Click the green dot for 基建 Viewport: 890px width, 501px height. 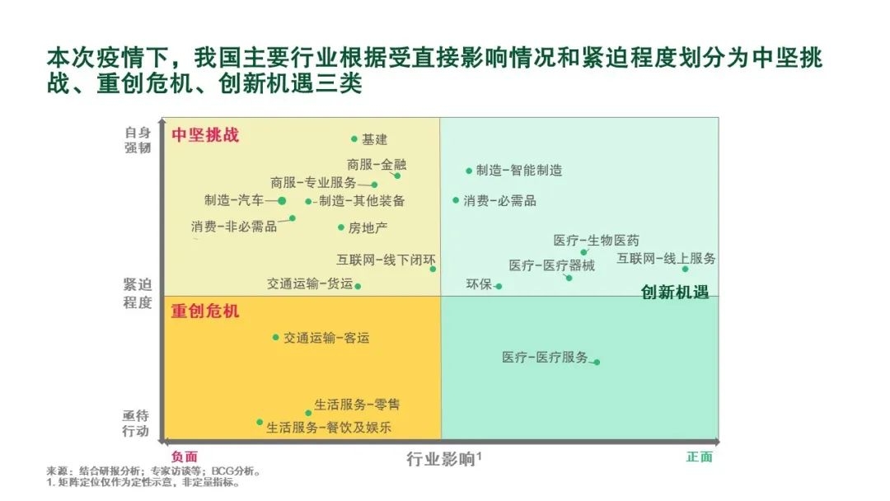click(354, 139)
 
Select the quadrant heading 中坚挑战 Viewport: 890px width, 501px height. click(205, 135)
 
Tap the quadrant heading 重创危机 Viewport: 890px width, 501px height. click(205, 311)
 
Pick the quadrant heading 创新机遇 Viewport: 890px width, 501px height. click(675, 293)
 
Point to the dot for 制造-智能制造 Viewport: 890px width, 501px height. click(469, 171)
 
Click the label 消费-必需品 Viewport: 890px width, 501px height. click(499, 201)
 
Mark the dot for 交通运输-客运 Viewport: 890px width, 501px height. click(276, 338)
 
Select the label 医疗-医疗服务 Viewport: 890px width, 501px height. click(545, 357)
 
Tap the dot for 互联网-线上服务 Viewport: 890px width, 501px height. click(685, 269)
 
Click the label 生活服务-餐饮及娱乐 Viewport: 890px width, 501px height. click(329, 427)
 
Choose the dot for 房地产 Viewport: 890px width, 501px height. click(341, 227)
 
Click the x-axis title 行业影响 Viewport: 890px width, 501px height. click(440, 459)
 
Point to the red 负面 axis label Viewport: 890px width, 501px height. click(185, 457)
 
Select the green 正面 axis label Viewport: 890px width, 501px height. click(700, 457)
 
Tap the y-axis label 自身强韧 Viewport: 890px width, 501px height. click(138, 140)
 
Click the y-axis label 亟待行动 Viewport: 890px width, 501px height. click(136, 424)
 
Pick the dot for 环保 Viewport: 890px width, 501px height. click(499, 287)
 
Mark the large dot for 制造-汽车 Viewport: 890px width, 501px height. click(282, 201)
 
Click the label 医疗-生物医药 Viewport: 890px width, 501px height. click(597, 241)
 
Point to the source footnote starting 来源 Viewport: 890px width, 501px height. click(154, 471)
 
